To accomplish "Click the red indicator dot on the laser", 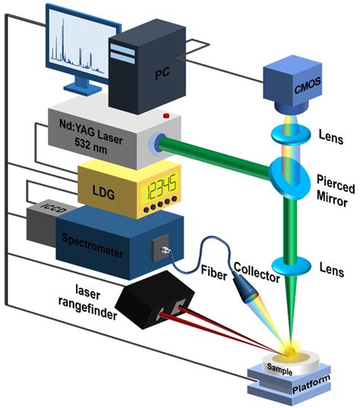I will pos(165,115).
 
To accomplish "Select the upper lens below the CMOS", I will pos(286,136).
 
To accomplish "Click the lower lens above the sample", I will pos(287,270).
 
